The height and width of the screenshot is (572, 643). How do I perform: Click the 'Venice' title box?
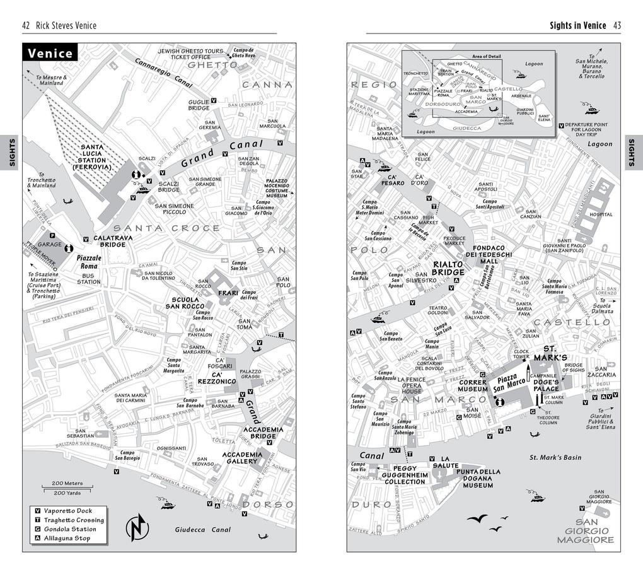50,54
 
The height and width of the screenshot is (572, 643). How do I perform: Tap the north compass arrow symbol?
137,528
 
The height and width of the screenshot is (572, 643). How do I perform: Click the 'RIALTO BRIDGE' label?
448,268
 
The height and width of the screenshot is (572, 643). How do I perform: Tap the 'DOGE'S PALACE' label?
546,385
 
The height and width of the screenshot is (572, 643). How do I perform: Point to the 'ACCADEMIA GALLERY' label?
242,458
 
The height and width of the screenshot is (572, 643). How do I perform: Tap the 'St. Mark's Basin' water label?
555,457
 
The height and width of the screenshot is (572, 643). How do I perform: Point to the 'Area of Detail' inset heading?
486,57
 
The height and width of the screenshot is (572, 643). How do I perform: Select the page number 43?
617,26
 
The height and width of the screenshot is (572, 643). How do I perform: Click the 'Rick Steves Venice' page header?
65,26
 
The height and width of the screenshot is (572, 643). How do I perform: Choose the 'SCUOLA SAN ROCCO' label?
185,303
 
